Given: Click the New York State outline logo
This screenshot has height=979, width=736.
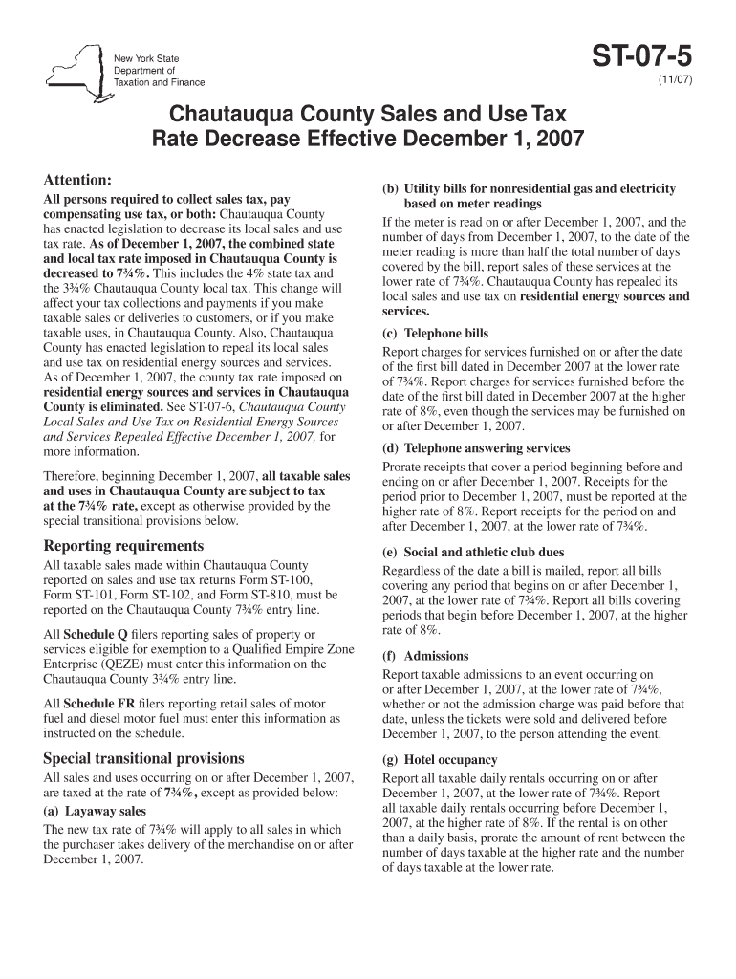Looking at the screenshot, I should [72, 68].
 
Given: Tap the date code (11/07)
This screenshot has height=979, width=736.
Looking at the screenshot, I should [674, 81].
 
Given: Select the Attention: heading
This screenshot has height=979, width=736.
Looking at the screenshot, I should [78, 180].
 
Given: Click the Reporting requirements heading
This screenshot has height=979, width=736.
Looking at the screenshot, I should [123, 545].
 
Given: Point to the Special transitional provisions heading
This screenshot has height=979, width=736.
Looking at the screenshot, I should [143, 758].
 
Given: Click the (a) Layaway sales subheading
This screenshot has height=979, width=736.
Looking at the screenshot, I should [95, 812].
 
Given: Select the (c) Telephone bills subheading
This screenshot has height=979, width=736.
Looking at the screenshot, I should [435, 334].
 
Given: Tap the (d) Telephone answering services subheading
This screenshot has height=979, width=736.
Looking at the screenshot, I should [476, 448].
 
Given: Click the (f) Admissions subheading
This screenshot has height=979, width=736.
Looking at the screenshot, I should [425, 656].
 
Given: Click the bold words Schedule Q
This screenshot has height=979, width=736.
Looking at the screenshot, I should [95, 635].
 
